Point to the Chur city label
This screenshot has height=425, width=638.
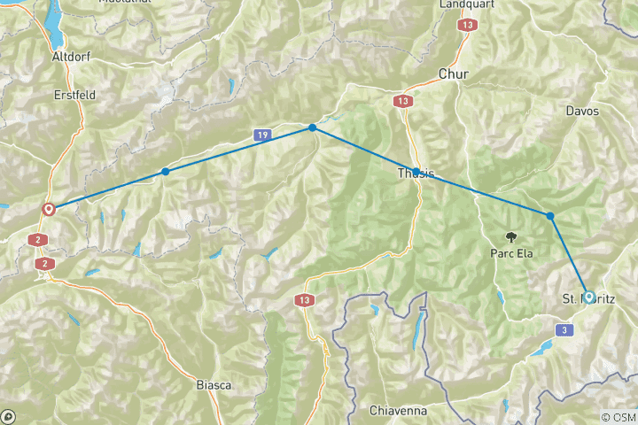tap(453, 74)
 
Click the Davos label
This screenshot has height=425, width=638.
tap(581, 112)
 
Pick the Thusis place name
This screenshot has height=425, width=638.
tap(416, 174)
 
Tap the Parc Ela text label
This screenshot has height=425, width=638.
tap(511, 252)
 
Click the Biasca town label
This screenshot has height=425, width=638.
tap(214, 385)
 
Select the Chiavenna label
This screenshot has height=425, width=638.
tap(399, 412)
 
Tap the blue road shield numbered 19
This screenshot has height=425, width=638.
tap(261, 135)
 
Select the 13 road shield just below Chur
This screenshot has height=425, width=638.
tap(403, 101)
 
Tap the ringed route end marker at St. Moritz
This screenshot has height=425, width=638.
tap(587, 297)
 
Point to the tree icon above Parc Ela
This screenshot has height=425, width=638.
tap(511, 236)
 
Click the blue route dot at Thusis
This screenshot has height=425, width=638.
tap(416, 173)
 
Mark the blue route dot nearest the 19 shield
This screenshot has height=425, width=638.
tap(313, 128)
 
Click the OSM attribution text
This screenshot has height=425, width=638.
tap(618, 417)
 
